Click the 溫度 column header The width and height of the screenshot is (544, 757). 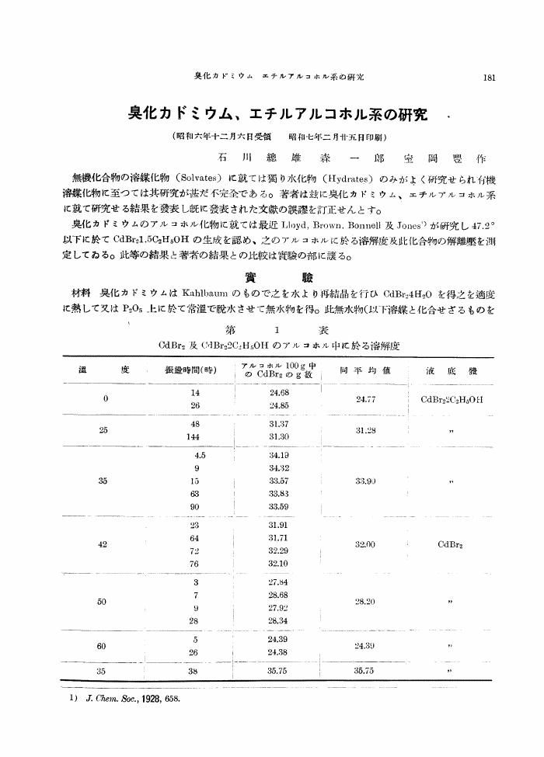coord(103,370)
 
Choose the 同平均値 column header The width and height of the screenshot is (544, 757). coord(360,370)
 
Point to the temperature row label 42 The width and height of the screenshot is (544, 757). coord(103,544)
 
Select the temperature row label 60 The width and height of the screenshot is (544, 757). coord(103,645)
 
